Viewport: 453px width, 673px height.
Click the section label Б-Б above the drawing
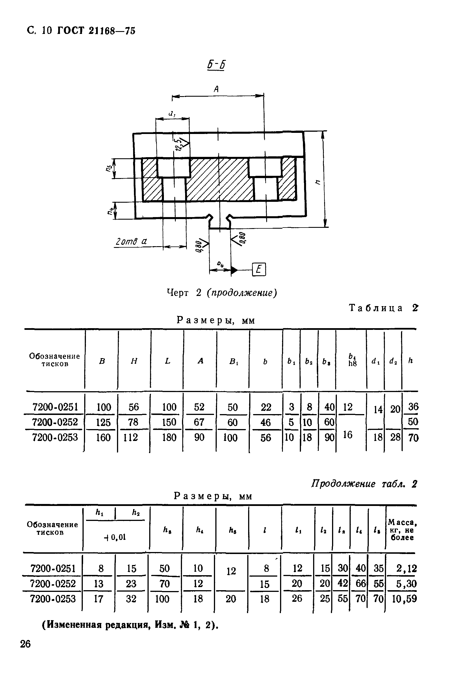coord(216,65)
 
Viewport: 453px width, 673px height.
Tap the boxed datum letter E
coord(259,270)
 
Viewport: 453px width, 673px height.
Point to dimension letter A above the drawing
coord(216,89)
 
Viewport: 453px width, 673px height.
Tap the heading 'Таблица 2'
coord(384,308)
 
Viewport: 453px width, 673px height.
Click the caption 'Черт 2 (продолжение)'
coord(222,293)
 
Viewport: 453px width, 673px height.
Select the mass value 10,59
coord(404,598)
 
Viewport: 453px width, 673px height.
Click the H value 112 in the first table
coord(131,438)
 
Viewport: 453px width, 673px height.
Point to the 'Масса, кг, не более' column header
coord(402,530)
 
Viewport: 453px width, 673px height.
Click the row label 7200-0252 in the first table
coord(55,422)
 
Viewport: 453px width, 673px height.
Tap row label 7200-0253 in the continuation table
coord(53,598)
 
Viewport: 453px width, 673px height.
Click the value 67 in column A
coord(199,422)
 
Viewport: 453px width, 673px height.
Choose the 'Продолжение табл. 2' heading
coord(364,484)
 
